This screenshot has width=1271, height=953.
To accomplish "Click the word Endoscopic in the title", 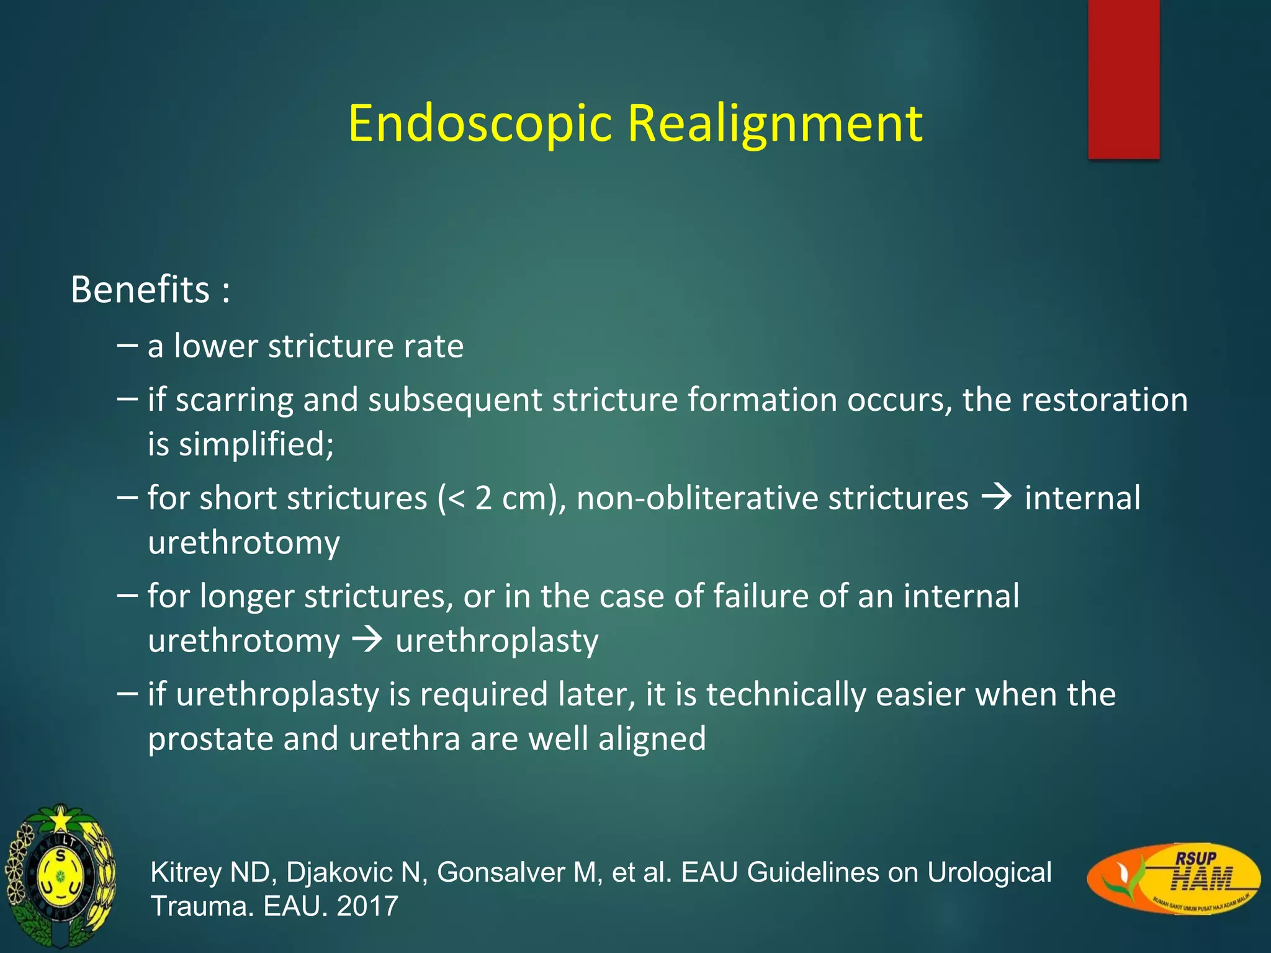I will tap(480, 124).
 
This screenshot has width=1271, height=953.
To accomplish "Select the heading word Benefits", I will tap(140, 290).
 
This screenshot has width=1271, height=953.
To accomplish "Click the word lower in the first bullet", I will tap(215, 346).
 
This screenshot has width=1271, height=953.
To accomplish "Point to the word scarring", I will tap(234, 400).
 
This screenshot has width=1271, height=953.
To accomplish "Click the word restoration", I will tap(1104, 399).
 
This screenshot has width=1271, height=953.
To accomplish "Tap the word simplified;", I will tap(256, 444).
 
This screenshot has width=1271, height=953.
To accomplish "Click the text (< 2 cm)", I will tap(500, 498).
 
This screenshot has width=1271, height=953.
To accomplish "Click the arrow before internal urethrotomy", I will tap(997, 497).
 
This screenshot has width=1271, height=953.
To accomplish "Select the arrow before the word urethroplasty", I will tap(367, 640).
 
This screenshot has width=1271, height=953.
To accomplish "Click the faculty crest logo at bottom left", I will tap(60, 877).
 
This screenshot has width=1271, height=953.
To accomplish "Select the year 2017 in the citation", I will tap(367, 906).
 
